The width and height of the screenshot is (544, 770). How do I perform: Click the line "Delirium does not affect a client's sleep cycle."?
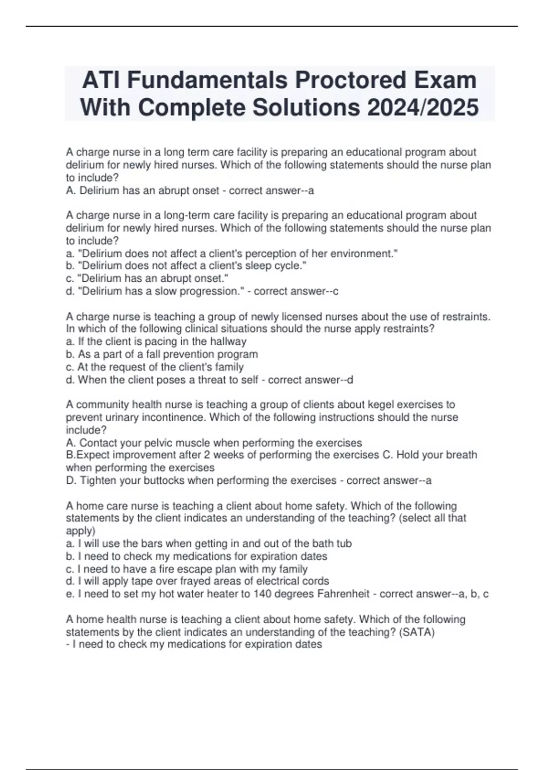point(186,266)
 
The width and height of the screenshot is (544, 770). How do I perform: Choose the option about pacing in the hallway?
point(156,342)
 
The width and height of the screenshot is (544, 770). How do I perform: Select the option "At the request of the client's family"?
point(155,367)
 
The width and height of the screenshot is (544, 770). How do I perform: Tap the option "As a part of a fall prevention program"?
point(162,354)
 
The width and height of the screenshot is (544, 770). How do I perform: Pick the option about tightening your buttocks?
point(201,481)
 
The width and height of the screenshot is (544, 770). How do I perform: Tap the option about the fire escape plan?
point(187,569)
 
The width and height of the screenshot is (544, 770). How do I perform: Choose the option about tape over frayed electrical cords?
point(198,582)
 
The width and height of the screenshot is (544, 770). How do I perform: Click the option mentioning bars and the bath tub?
point(209,544)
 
